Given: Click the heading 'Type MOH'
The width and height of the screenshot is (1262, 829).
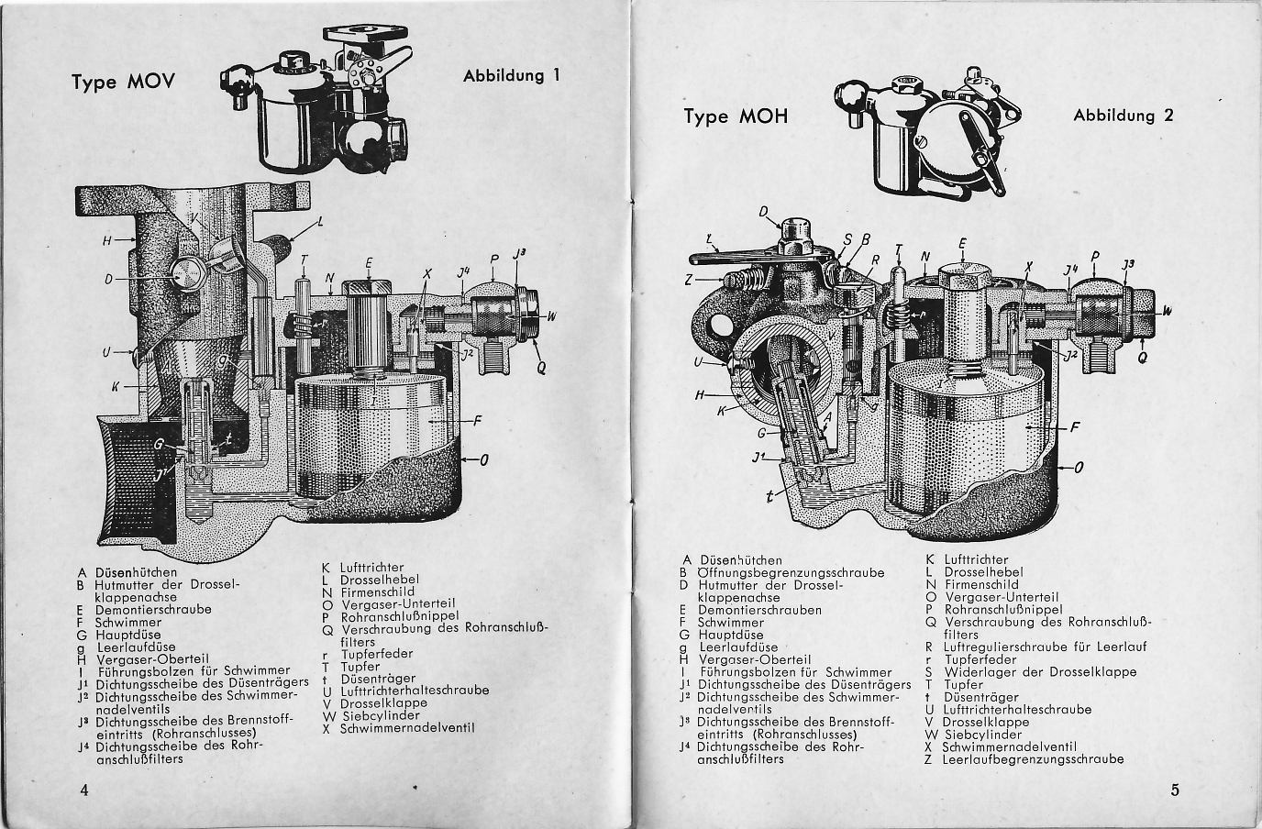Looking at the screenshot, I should point(736,116).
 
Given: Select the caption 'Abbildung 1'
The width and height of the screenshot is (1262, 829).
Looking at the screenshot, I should point(511,76).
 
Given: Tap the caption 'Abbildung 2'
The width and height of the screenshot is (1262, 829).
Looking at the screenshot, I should point(1123,116).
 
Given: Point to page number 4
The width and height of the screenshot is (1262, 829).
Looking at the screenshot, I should point(84,790).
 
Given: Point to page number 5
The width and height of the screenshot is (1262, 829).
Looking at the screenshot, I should point(1175,790).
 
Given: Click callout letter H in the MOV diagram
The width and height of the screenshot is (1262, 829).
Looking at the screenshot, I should point(106,241).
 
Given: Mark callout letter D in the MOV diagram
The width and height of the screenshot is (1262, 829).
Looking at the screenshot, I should point(108,279).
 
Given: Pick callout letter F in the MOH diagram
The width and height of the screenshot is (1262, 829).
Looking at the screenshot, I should point(1075,426).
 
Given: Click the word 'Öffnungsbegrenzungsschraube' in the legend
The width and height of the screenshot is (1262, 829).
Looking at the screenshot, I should point(792,572).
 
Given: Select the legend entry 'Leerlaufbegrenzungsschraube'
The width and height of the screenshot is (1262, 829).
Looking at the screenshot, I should point(1032,759).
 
